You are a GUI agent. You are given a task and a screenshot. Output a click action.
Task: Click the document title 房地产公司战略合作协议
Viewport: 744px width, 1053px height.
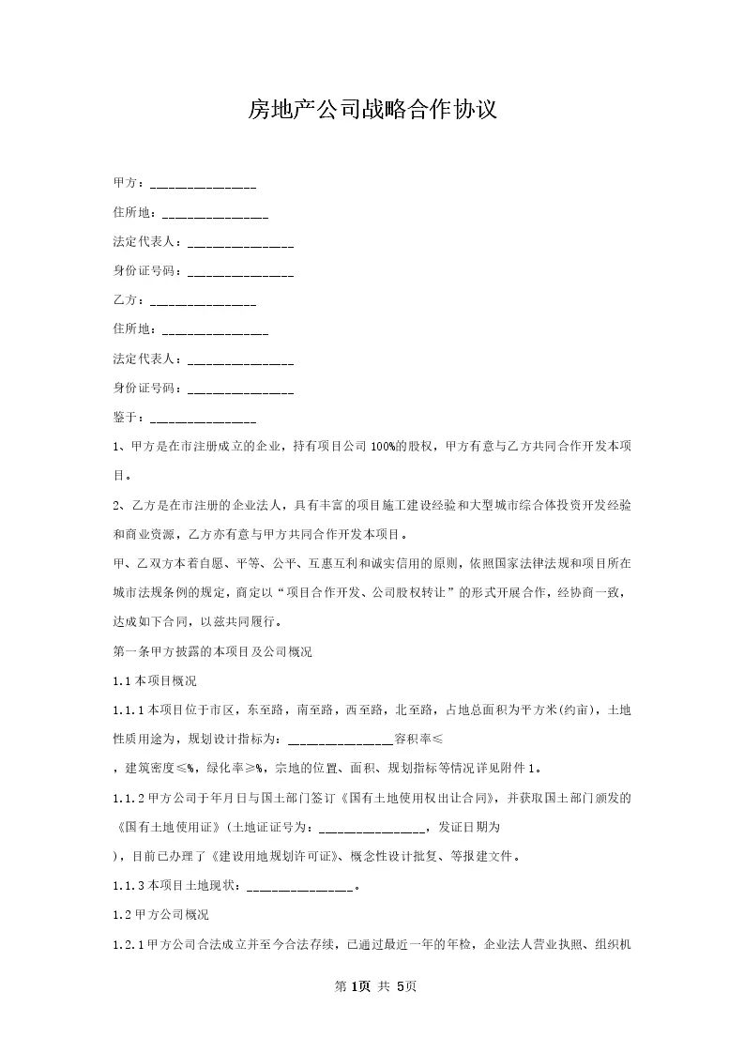click(372, 110)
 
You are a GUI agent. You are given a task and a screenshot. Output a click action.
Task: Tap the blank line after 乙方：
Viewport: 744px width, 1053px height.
click(203, 302)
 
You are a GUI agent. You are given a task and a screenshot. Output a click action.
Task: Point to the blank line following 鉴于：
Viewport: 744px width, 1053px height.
click(203, 420)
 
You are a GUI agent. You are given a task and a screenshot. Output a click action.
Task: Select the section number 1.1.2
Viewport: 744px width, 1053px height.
click(129, 799)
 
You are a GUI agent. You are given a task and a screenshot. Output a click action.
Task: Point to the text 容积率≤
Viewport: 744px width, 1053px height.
click(425, 739)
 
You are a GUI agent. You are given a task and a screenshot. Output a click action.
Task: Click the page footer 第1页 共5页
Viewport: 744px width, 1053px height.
click(372, 986)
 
